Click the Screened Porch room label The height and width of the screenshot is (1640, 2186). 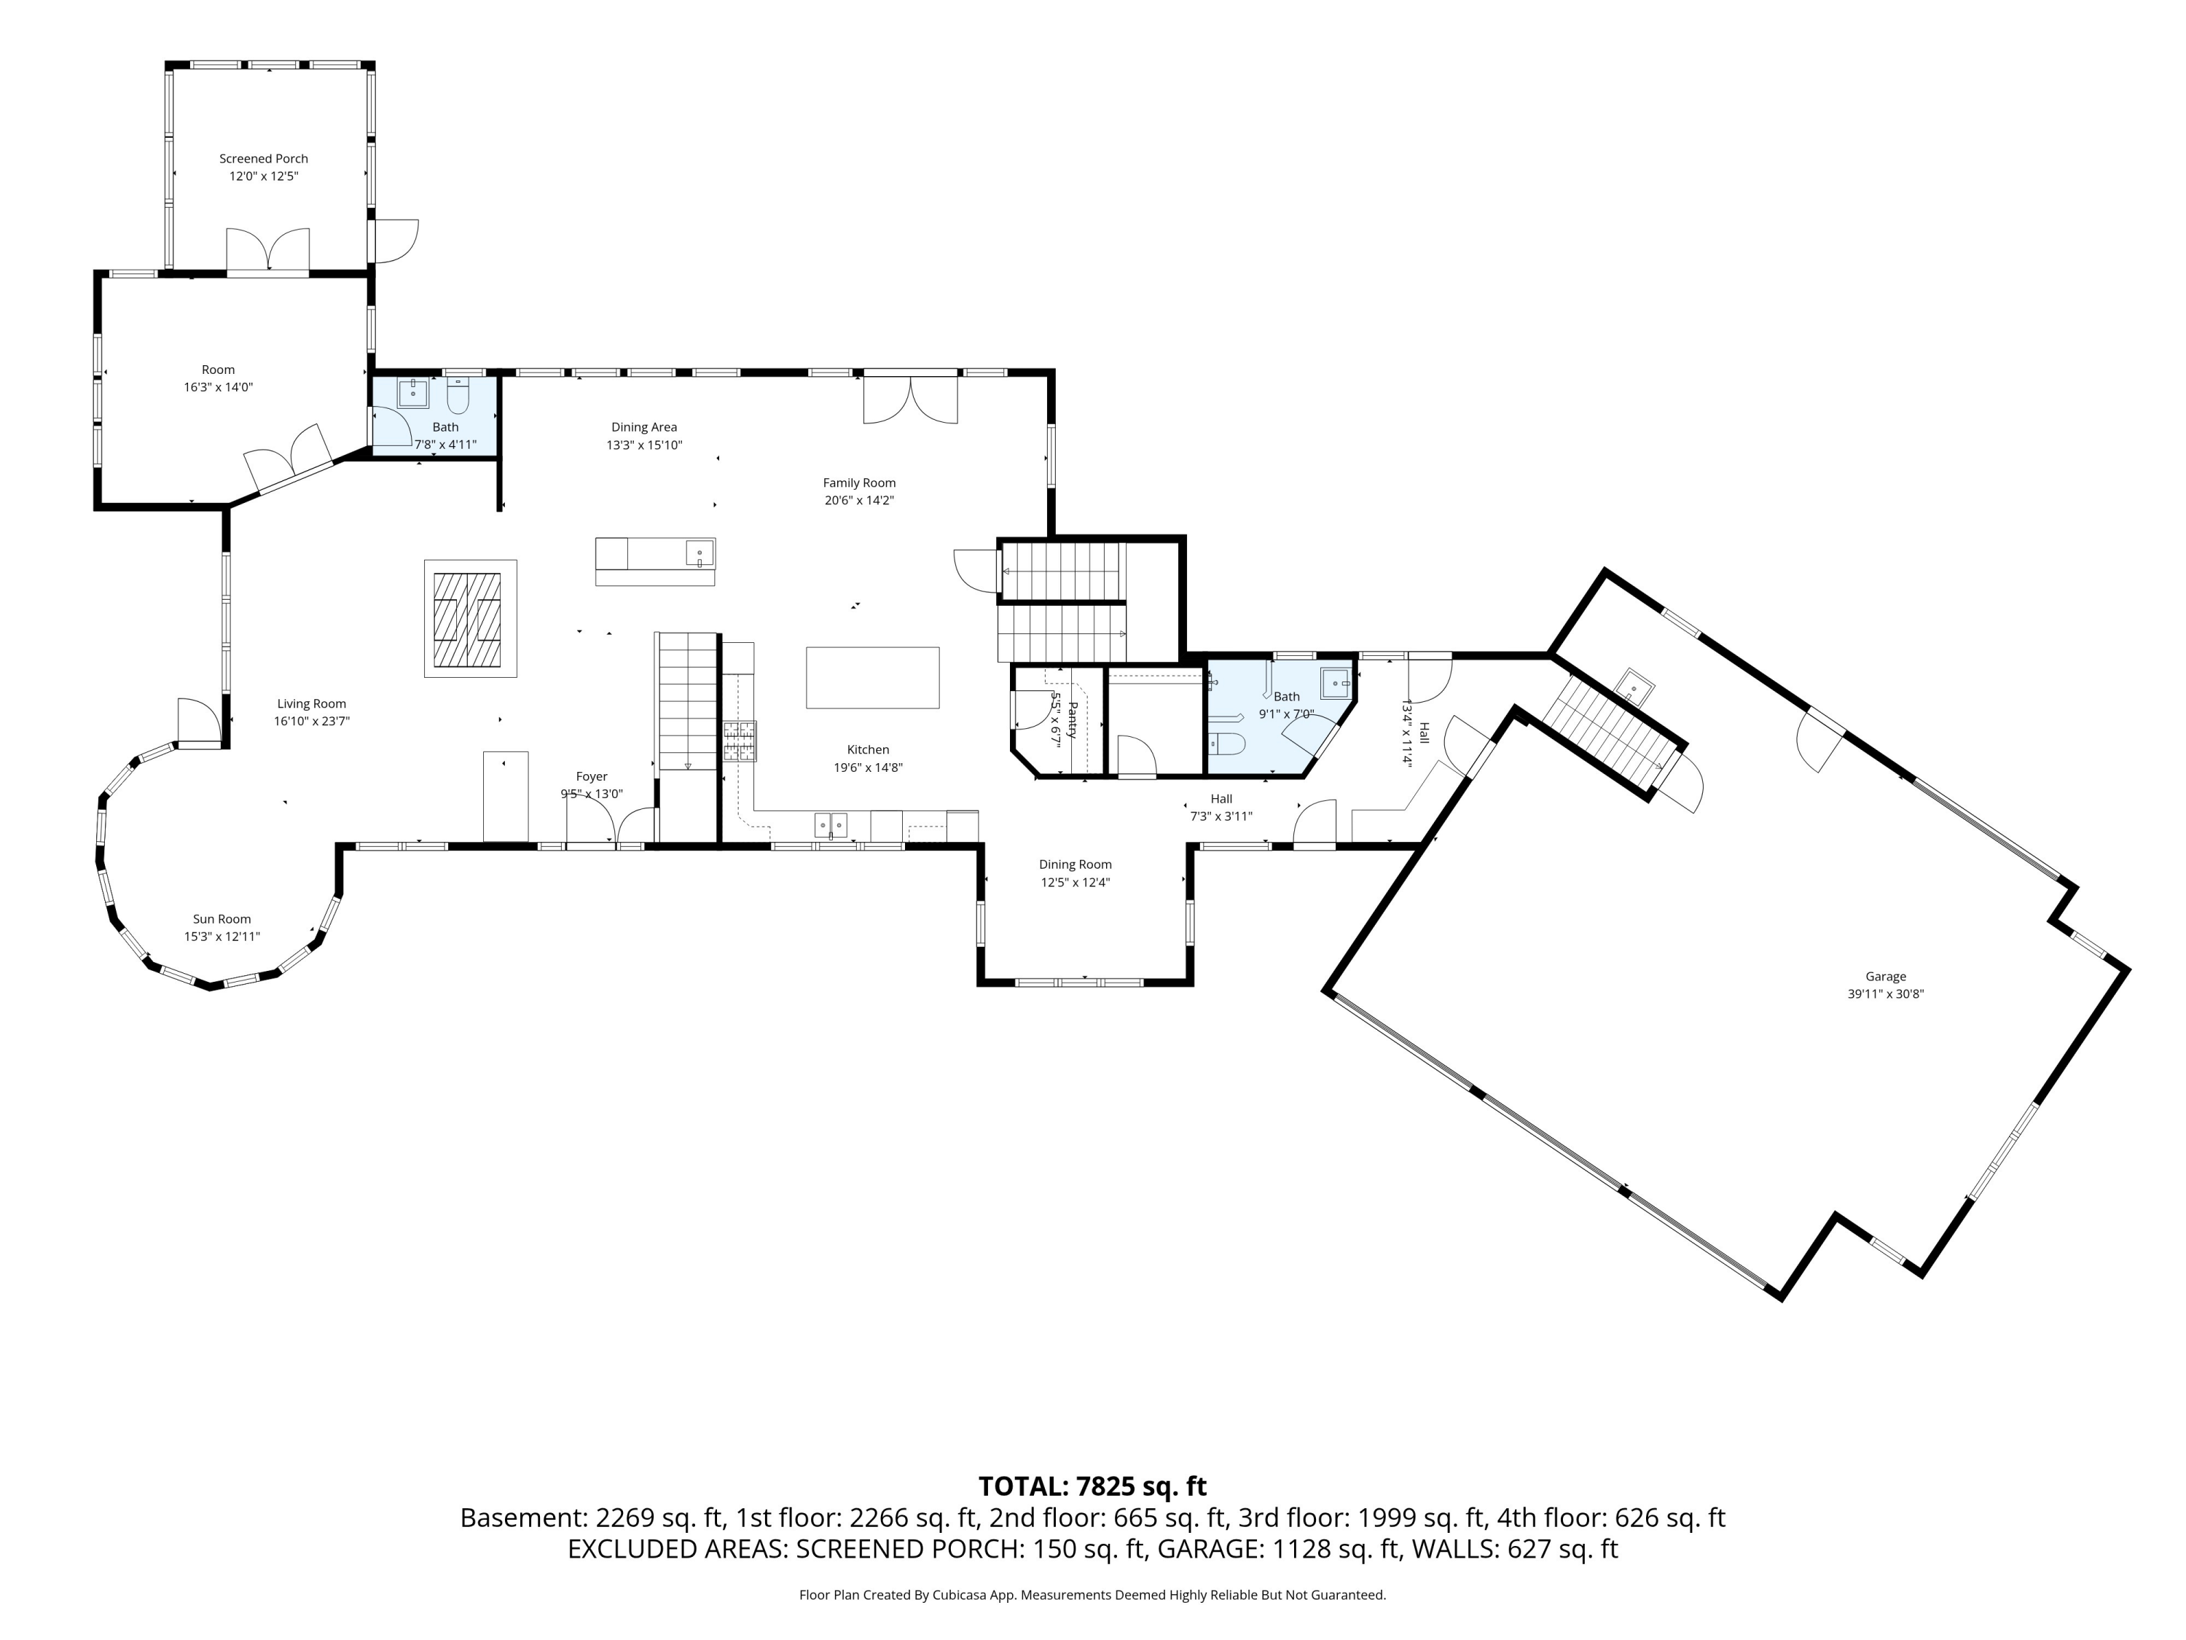click(263, 158)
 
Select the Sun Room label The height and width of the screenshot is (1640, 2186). click(222, 919)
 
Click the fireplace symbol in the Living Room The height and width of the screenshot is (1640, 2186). click(471, 619)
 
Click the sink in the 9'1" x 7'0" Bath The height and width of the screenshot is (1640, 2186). click(1335, 683)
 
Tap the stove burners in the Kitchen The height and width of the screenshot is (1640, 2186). click(739, 741)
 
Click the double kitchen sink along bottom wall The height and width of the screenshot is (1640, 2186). click(830, 824)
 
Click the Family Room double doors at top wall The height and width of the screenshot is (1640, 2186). click(910, 397)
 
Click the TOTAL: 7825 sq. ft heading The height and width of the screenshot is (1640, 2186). click(1092, 1487)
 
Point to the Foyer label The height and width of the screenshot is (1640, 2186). click(591, 777)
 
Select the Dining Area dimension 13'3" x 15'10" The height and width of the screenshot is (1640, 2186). click(644, 445)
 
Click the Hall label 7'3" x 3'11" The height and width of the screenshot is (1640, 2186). click(1221, 799)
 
